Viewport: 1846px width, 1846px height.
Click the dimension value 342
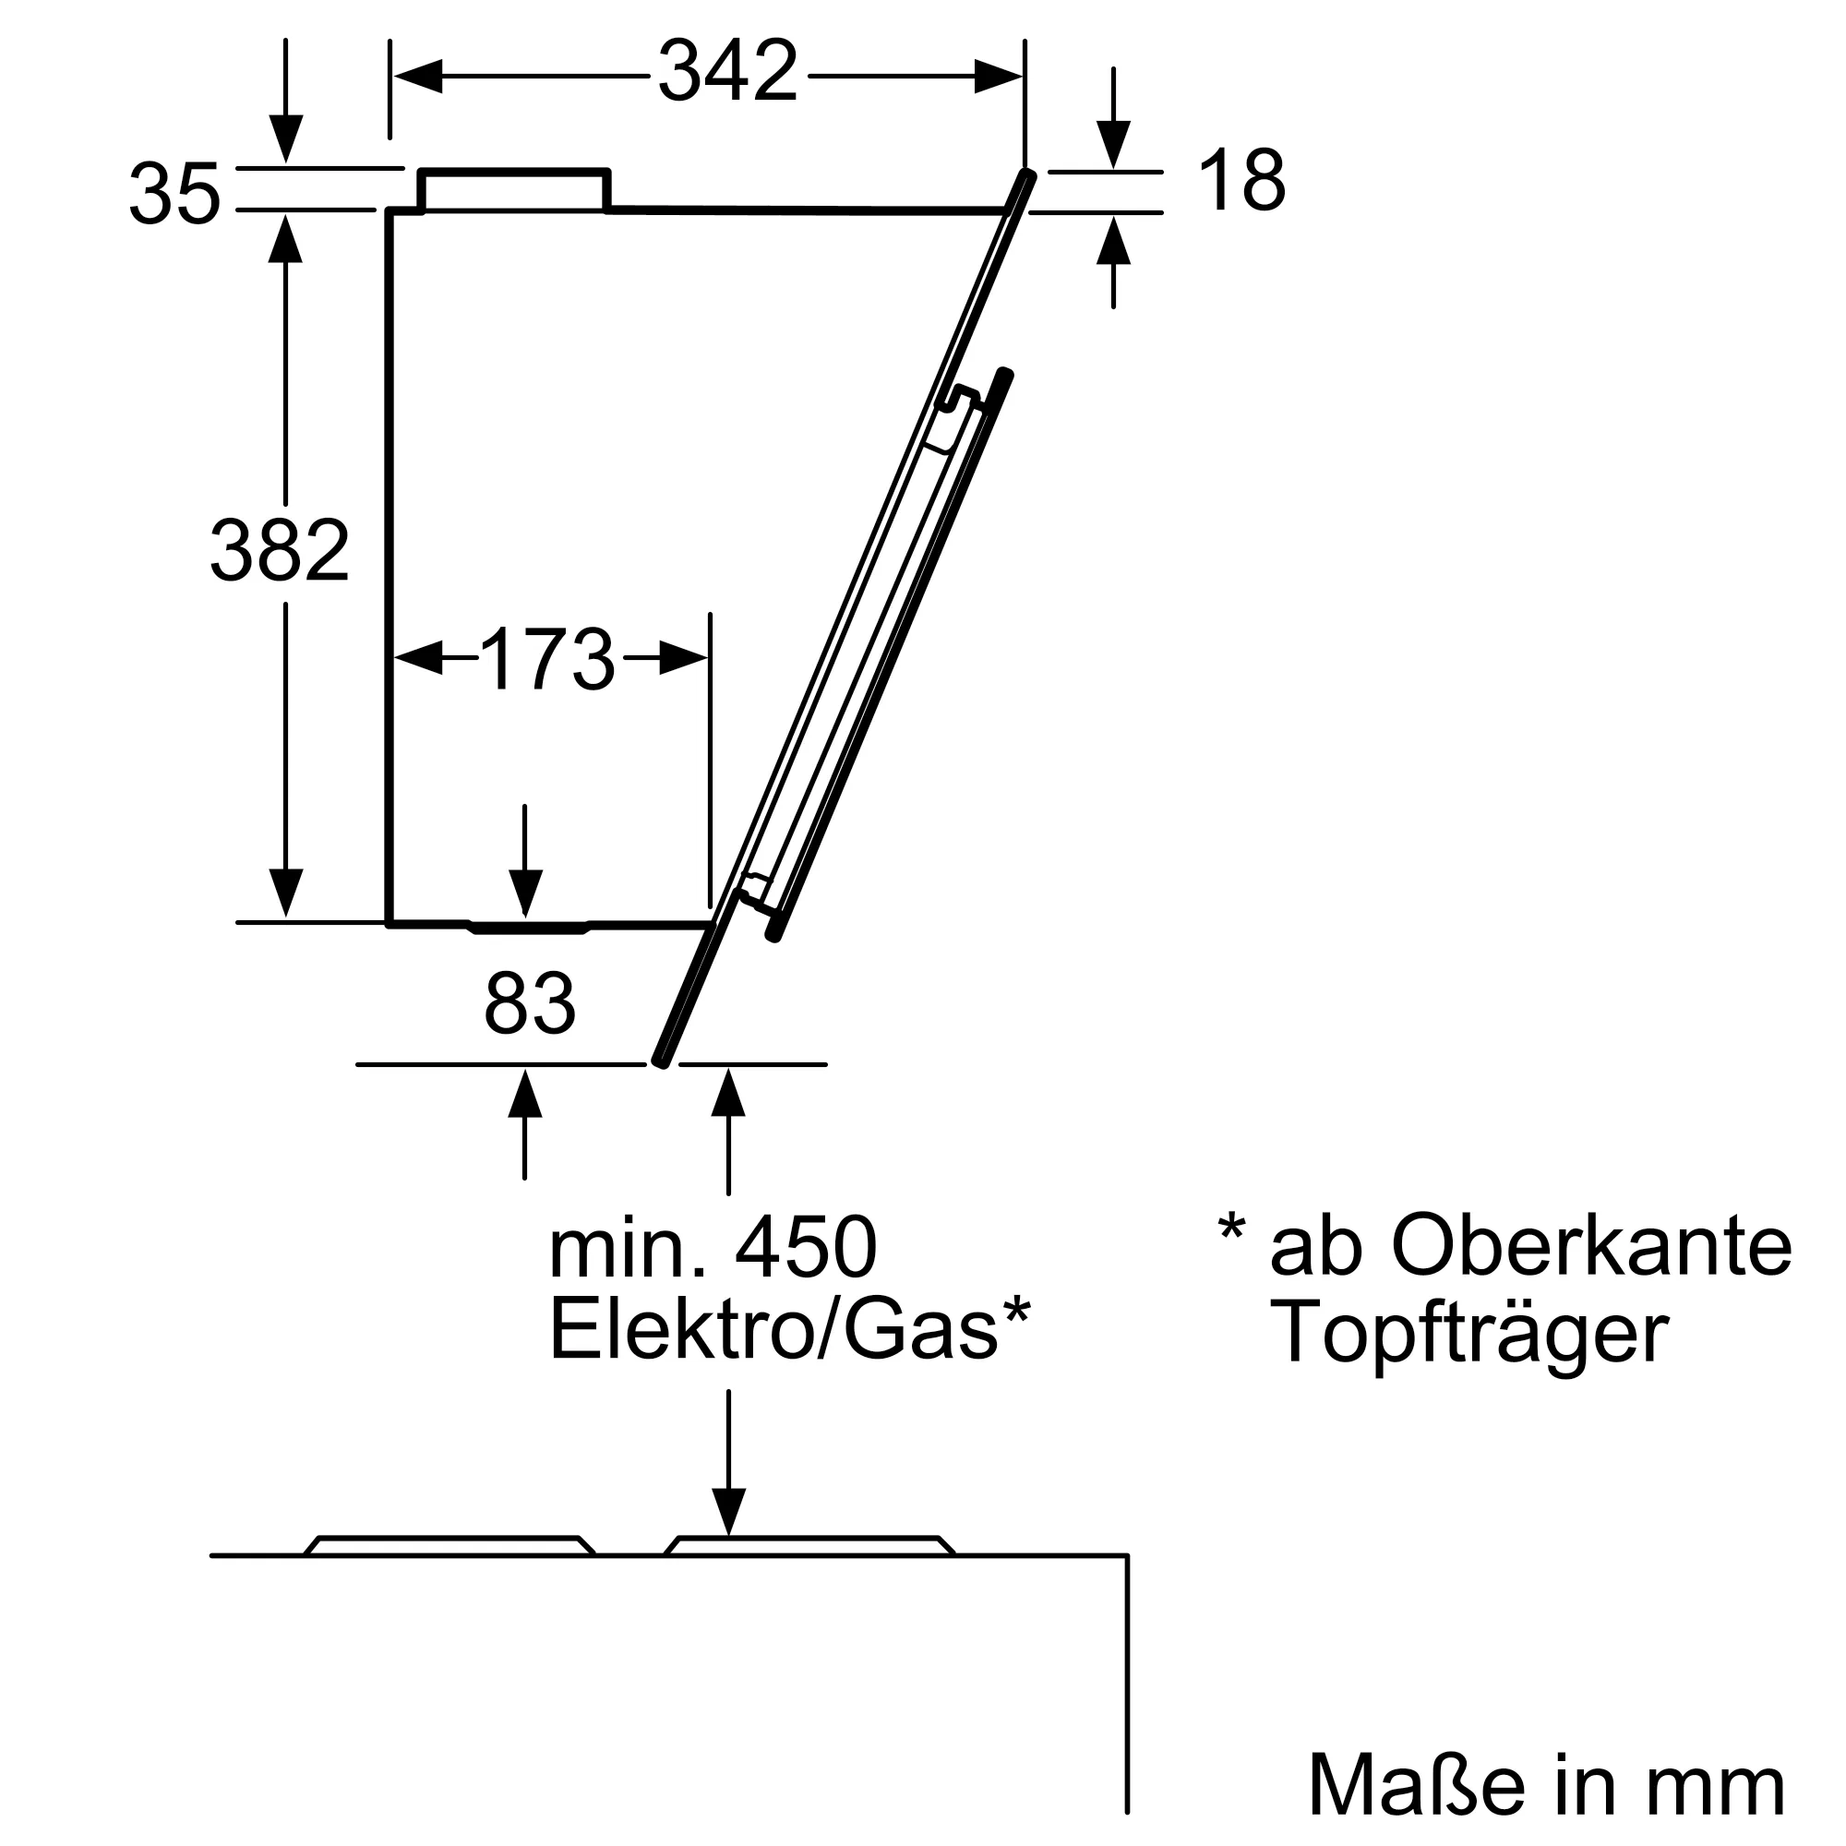click(728, 72)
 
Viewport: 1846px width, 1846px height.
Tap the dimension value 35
click(174, 194)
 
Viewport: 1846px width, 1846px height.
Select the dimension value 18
click(1241, 181)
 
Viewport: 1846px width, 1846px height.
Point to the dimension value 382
click(280, 550)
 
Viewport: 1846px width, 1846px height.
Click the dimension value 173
click(547, 659)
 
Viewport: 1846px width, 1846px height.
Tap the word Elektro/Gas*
click(789, 1331)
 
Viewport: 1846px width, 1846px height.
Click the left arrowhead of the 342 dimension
click(418, 77)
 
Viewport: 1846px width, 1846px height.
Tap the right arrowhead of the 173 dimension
click(684, 658)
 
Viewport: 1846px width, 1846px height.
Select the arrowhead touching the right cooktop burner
click(729, 1512)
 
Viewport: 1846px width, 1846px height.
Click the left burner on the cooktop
click(450, 1545)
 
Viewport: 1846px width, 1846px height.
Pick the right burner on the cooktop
click(809, 1545)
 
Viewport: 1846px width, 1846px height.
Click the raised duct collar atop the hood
click(514, 190)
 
